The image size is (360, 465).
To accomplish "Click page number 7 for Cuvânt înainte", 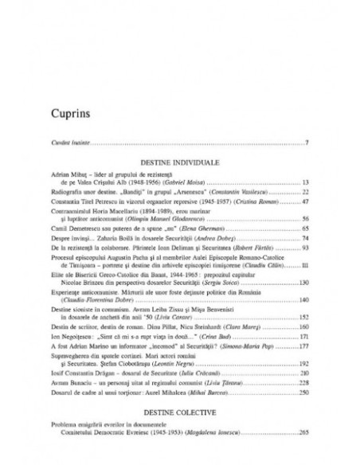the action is point(307,143).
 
